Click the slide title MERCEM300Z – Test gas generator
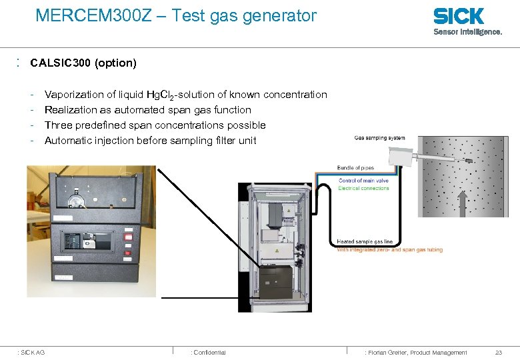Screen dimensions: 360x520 pyautogui.click(x=176, y=15)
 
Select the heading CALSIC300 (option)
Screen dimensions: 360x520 pyautogui.click(x=83, y=63)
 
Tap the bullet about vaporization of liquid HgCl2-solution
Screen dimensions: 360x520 pyautogui.click(x=185, y=95)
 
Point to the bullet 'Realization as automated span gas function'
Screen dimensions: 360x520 pyautogui.click(x=147, y=110)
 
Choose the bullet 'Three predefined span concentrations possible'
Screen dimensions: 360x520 pyautogui.click(x=155, y=125)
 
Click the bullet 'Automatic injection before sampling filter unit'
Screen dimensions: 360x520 pyautogui.click(x=150, y=141)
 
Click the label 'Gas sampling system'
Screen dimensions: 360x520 pyautogui.click(x=379, y=139)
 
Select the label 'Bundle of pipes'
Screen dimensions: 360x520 pyautogui.click(x=355, y=167)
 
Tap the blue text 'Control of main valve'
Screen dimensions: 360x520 pyautogui.click(x=364, y=181)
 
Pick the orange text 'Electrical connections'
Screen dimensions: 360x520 pyautogui.click(x=363, y=188)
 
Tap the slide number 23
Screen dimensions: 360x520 pyautogui.click(x=498, y=352)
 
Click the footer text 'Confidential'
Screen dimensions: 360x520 pyautogui.click(x=209, y=352)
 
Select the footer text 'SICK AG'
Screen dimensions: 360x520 pyautogui.click(x=33, y=352)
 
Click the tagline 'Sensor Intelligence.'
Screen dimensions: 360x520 pyautogui.click(x=468, y=31)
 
